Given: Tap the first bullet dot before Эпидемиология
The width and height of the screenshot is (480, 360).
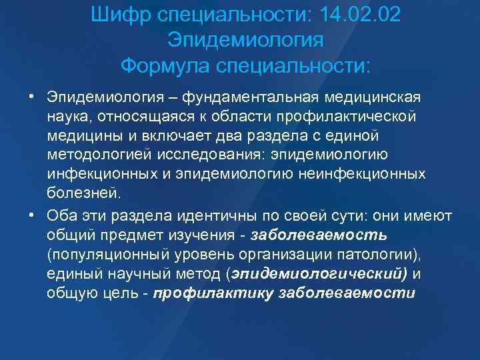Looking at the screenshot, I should [31, 98].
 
